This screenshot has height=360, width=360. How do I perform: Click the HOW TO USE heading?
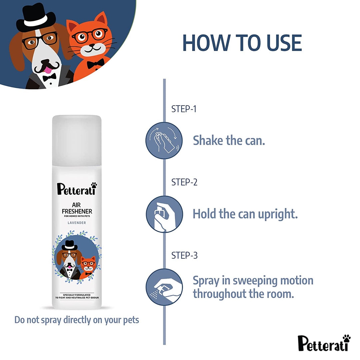(x=242, y=43)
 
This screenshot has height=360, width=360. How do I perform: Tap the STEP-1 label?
(x=184, y=109)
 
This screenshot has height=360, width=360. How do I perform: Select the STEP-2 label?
(x=184, y=182)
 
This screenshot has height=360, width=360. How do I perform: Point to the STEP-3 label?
(x=184, y=255)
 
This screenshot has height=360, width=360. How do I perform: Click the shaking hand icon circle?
(x=164, y=141)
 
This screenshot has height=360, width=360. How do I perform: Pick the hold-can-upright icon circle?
(x=164, y=214)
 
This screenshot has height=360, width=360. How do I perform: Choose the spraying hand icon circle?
(x=164, y=287)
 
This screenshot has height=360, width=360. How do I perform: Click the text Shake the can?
(x=229, y=141)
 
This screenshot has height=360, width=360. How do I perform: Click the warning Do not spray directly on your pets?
(x=77, y=320)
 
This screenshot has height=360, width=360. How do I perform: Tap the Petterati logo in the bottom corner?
(x=324, y=343)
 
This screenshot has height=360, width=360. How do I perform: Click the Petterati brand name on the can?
(x=77, y=189)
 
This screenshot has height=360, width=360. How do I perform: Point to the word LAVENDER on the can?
(x=77, y=223)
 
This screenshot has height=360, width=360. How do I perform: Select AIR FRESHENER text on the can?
(x=77, y=208)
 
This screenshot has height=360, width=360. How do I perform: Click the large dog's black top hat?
(x=36, y=18)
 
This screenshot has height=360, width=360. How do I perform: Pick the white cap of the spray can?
(x=77, y=140)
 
